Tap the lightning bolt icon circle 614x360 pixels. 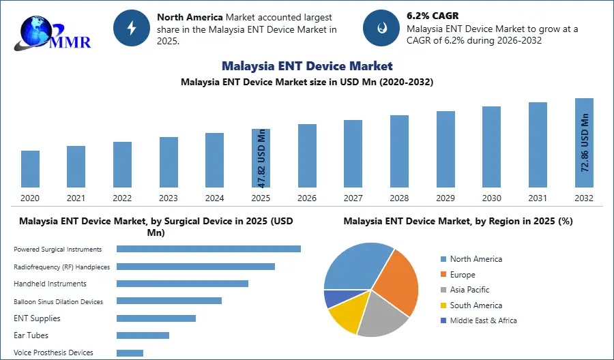coord(132,27)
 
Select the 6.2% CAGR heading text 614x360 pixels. coord(433,16)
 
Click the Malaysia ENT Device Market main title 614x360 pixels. coord(307,66)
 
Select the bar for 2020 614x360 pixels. coord(30,169)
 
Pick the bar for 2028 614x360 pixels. coord(399,151)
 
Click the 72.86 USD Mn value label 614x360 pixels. coord(585,142)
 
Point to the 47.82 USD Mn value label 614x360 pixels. coord(261,158)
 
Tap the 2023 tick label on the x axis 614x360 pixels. coord(168,198)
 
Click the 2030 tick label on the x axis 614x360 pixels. coord(491,198)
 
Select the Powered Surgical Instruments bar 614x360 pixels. coord(209,249)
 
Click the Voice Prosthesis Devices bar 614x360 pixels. coord(130,352)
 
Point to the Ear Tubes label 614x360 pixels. coord(31,335)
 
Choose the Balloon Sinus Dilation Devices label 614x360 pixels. coord(59,301)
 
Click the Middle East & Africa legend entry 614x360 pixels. coord(483,320)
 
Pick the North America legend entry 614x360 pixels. coord(476,259)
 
